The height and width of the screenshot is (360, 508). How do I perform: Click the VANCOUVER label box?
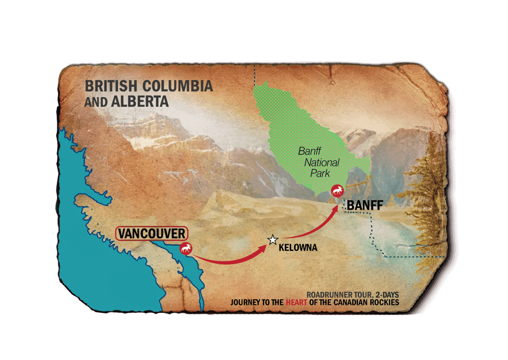(x=152, y=233)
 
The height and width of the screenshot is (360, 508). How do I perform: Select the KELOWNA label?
(x=298, y=247)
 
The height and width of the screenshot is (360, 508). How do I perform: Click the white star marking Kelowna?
(x=273, y=240)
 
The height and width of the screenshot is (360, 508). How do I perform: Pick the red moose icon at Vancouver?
(x=185, y=249)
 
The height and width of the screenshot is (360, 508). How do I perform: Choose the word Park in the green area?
(x=320, y=174)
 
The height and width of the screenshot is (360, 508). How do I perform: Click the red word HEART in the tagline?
(x=296, y=303)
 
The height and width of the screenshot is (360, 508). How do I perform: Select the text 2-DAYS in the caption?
(x=384, y=294)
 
